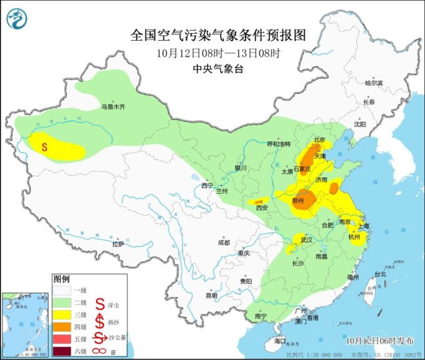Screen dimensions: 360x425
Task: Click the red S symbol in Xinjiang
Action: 45,147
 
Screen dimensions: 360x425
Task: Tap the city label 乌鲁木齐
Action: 113,107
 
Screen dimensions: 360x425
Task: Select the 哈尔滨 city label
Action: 372,82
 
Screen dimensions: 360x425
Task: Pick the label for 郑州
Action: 299,201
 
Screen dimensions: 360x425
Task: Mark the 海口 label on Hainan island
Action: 279,341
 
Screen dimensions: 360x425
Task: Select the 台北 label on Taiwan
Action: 379,274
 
